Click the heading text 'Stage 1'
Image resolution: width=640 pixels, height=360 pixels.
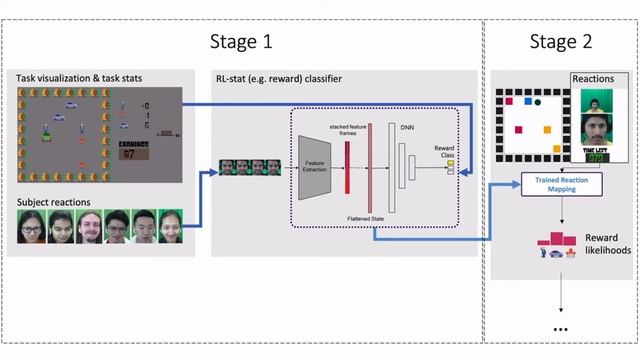240,41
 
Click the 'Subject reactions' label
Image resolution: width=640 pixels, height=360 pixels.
52,202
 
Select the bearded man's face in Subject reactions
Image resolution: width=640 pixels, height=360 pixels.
90,227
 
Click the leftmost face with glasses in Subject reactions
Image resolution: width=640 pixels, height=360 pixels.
32,227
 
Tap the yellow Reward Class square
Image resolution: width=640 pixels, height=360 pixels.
450,162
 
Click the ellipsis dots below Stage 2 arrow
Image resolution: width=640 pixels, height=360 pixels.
560,328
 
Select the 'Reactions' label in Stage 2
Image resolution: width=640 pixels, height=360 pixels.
597,78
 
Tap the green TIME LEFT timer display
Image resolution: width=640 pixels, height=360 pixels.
598,158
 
